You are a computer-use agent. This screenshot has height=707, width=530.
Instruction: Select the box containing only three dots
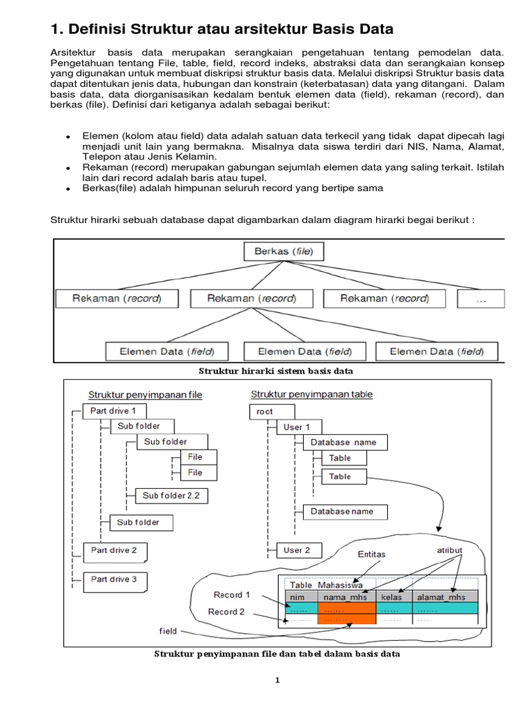480,298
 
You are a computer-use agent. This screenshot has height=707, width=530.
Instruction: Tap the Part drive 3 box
114,579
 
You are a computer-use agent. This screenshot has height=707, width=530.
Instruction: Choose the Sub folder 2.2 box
170,495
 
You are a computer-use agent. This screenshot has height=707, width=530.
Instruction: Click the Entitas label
372,554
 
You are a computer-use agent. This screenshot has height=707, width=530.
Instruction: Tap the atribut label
451,550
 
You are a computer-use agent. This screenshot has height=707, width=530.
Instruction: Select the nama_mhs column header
346,597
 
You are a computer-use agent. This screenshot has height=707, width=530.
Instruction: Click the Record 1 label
232,594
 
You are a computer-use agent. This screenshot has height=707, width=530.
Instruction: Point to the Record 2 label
226,612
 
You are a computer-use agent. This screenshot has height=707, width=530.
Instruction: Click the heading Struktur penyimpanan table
311,394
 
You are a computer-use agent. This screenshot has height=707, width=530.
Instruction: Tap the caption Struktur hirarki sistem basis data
275,371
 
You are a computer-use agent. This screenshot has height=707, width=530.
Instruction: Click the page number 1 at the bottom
277,680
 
